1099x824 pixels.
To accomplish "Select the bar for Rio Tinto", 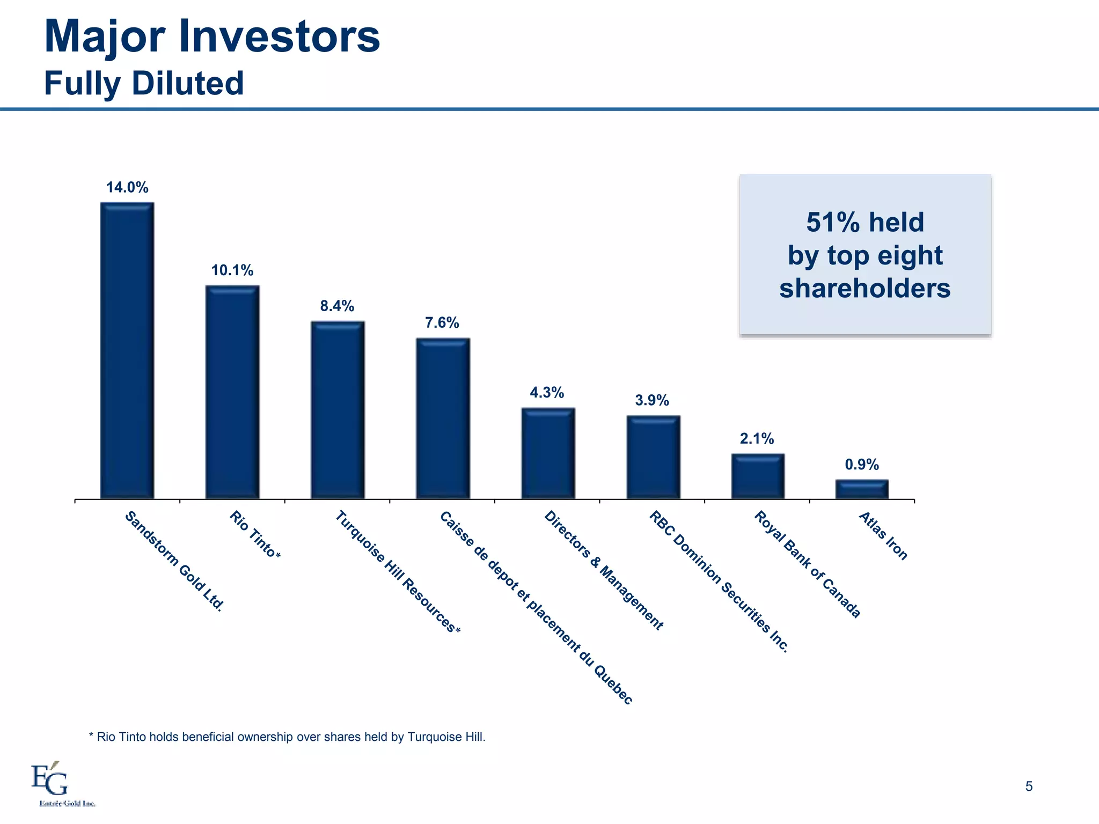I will point(232,392).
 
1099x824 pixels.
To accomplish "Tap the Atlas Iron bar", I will point(862,489).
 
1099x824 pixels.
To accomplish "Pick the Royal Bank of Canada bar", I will point(757,476).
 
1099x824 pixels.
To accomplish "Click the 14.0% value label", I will point(127,187).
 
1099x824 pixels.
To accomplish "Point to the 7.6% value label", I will point(442,322).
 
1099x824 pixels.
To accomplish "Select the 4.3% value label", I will point(547,393).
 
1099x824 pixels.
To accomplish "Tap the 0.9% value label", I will point(862,465).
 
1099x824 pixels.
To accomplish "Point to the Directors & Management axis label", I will point(604,570).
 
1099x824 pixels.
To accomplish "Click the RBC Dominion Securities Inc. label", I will point(719,582).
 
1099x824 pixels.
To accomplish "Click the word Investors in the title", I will point(279,36).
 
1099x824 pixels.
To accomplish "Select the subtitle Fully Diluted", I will point(144,84).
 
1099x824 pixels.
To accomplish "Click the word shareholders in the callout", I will point(864,288).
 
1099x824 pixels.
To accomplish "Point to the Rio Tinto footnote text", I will point(287,737).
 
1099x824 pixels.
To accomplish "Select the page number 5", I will point(1029,786).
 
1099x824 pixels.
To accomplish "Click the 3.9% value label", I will point(652,400).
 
